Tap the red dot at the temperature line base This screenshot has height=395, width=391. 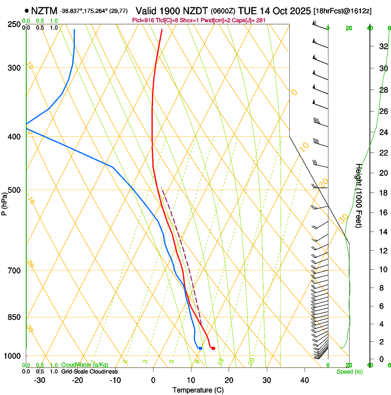[213, 348]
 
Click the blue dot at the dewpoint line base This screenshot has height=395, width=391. [200, 348]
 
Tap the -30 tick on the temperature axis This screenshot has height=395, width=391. [40, 380]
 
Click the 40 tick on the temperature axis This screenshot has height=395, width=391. [304, 380]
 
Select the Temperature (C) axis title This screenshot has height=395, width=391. [198, 390]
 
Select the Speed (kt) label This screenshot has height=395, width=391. [350, 372]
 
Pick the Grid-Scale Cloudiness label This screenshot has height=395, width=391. [89, 372]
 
